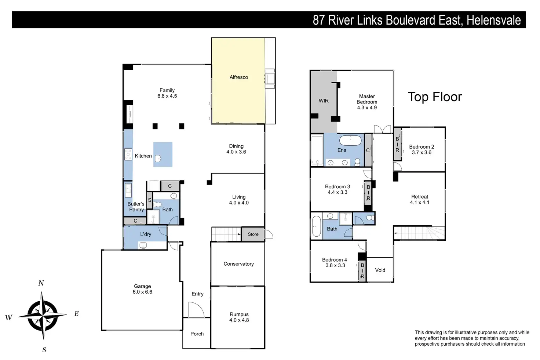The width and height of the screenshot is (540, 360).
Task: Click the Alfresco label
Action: click(x=239, y=77)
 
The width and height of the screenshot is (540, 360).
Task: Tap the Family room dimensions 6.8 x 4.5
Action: click(x=167, y=96)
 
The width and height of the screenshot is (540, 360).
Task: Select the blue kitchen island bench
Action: click(x=163, y=154)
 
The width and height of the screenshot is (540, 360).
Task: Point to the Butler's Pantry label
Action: click(x=136, y=207)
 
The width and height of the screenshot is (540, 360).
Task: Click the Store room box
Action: click(x=253, y=234)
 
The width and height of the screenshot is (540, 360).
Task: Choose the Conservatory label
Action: click(x=238, y=264)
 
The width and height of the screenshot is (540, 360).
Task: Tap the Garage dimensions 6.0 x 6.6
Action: click(x=142, y=292)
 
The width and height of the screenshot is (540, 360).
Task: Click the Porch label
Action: click(x=197, y=334)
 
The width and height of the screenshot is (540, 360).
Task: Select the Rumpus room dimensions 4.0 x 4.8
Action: click(x=239, y=320)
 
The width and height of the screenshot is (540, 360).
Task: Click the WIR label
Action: click(x=324, y=101)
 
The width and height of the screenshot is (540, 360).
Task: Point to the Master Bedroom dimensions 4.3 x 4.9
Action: click(x=367, y=108)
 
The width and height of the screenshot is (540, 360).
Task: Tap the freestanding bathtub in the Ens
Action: click(x=350, y=140)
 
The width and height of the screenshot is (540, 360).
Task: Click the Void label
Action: click(x=380, y=270)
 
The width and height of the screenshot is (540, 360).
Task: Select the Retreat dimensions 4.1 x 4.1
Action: click(x=420, y=202)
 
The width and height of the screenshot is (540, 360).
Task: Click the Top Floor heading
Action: click(x=435, y=97)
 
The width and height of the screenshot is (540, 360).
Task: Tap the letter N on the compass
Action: click(x=41, y=283)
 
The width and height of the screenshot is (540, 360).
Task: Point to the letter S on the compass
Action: click(x=44, y=350)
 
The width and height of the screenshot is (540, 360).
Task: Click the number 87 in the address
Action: click(x=318, y=20)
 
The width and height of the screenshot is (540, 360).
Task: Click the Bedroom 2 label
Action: click(x=422, y=147)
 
